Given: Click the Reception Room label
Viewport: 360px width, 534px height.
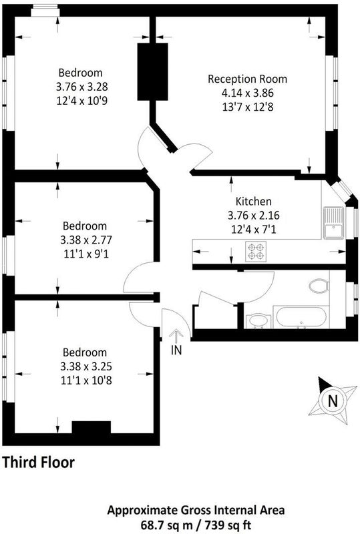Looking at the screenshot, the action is point(248,79).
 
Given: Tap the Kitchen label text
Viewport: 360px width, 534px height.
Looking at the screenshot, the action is point(254,202).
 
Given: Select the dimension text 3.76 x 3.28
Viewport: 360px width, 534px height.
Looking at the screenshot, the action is point(81,87).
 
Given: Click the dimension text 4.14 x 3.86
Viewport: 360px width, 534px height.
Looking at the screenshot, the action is point(248,93).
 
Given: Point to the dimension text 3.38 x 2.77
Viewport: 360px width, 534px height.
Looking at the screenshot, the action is point(86,240).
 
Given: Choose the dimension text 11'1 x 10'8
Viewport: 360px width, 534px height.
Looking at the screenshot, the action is point(86,380).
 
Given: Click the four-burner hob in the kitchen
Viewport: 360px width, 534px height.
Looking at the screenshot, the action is point(256,252).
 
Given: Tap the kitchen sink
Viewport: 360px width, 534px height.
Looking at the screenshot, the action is point(334,223).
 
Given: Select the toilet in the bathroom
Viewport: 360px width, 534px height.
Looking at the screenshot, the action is point(319,286).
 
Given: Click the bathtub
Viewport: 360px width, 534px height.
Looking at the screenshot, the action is point(301,316).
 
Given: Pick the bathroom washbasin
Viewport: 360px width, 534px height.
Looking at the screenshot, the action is point(258,321).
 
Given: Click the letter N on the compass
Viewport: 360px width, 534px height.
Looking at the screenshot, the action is point(333,401).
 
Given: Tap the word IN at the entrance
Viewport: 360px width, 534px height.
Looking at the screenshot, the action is point(176,350).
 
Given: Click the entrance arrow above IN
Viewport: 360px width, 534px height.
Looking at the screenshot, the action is point(176,336).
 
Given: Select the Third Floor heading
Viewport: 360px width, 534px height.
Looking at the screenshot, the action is point(39,463).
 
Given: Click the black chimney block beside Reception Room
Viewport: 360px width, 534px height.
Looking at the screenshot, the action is point(152,71).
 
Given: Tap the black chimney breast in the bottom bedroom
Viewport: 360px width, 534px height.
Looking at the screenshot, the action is point(92,427).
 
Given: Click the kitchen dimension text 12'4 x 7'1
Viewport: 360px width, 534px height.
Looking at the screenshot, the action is point(254,230).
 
